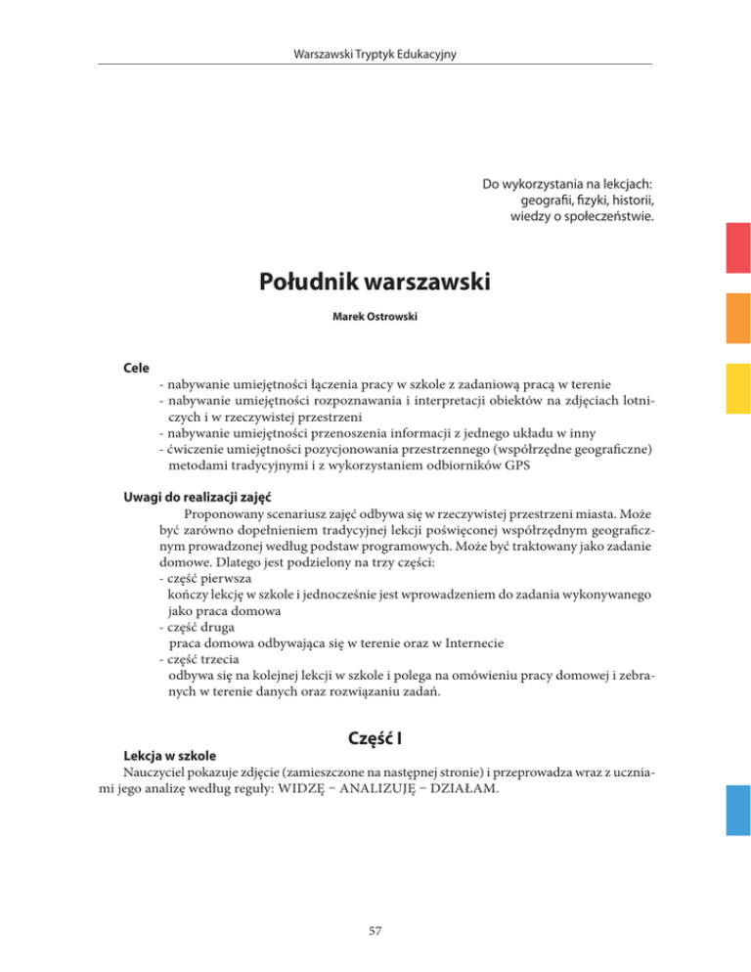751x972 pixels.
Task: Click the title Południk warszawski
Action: (x=375, y=284)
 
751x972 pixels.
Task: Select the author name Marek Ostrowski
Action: (x=375, y=318)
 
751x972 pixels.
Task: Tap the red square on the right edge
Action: (x=737, y=249)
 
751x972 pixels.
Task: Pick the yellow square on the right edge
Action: (x=737, y=388)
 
